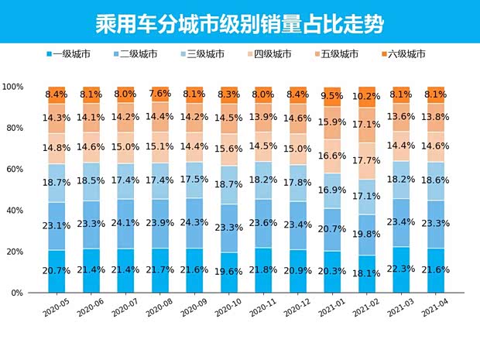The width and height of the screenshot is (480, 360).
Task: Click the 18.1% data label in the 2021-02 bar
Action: (367, 273)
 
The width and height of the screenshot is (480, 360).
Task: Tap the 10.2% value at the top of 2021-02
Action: (367, 98)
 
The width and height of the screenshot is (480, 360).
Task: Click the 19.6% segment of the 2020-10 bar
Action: (229, 271)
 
